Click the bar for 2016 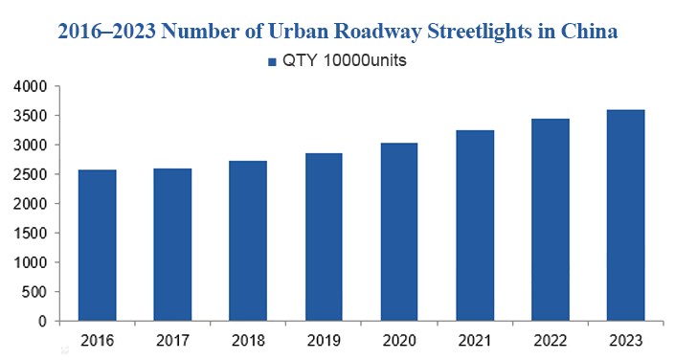point(98,245)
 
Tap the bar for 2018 point(248,240)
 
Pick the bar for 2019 point(323,236)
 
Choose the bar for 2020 point(398,232)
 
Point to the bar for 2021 point(474,225)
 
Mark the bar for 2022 point(550,219)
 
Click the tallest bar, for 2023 point(624,215)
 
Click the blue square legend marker point(270,62)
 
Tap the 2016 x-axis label point(98,340)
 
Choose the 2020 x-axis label point(398,340)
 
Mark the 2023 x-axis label point(624,340)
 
